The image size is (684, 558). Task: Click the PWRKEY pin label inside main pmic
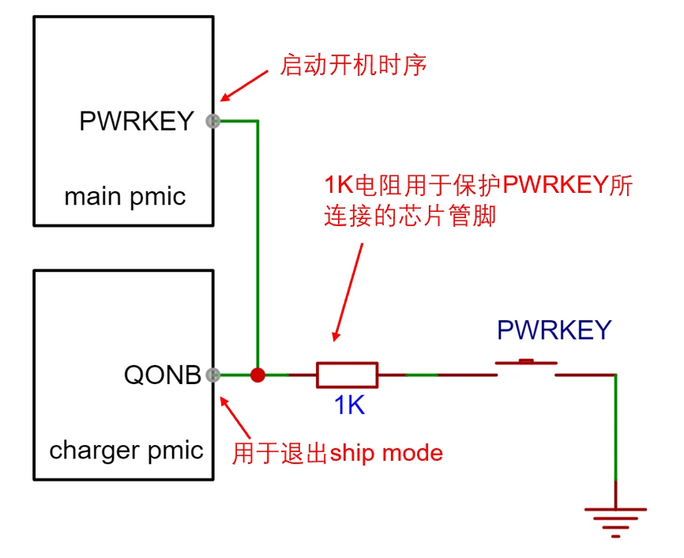(137, 121)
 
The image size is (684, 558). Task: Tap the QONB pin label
(163, 375)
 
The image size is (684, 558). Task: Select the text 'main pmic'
(125, 195)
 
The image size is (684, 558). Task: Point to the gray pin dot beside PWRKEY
(212, 121)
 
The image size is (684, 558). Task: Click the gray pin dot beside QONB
(212, 375)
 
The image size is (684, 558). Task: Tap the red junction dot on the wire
(257, 375)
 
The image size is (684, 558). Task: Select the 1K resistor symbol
(347, 375)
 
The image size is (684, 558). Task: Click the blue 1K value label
(349, 406)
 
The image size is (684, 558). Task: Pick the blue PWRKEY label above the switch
(554, 330)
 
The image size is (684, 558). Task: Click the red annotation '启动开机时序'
(354, 65)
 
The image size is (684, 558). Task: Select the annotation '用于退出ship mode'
(337, 453)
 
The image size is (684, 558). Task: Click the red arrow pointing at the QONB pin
(236, 414)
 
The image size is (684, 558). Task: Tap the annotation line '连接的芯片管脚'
(410, 216)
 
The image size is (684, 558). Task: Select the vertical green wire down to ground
(615, 435)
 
